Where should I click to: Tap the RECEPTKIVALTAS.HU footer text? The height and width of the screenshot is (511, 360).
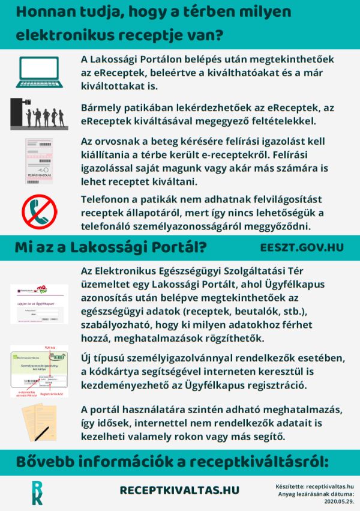pyautogui.click(x=179, y=491)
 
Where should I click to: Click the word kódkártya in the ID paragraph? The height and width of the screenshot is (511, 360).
pyautogui.click(x=120, y=372)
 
